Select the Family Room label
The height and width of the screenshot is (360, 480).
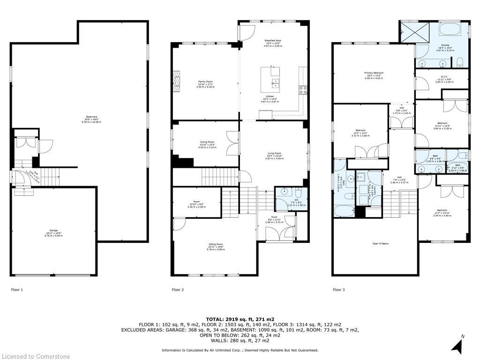pos(205,82)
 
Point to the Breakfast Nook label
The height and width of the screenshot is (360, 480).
pos(272,41)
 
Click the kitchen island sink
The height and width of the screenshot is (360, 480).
pos(275,83)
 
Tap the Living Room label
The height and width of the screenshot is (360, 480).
pos(274,153)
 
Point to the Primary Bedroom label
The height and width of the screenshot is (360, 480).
pos(374,73)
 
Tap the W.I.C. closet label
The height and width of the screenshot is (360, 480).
pos(441,78)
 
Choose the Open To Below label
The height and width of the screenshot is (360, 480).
pos(381,244)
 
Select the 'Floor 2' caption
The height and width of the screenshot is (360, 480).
pos(178,290)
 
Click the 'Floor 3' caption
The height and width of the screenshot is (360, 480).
pos(338,290)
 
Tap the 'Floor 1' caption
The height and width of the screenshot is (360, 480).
pos(17,290)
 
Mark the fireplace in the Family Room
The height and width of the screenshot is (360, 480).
pos(176,79)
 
